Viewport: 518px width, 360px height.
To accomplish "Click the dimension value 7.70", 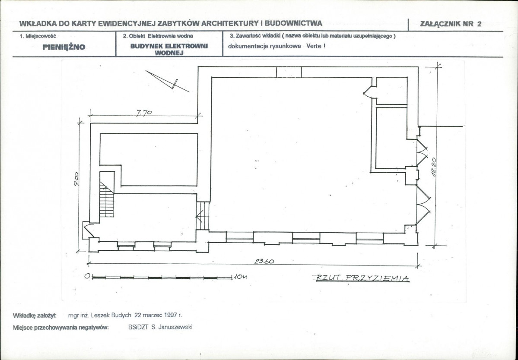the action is pyautogui.click(x=144, y=113).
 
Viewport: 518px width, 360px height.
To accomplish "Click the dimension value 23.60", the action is pyautogui.click(x=264, y=261).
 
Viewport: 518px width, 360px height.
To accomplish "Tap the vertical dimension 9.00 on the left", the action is pyautogui.click(x=76, y=179).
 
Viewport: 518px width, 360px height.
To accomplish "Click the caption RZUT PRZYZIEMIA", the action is pyautogui.click(x=362, y=278).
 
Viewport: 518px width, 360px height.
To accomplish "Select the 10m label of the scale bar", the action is pyautogui.click(x=240, y=277).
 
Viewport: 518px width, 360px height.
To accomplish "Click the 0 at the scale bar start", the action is pyautogui.click(x=87, y=276).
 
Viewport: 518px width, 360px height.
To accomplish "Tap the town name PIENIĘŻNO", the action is pyautogui.click(x=64, y=47).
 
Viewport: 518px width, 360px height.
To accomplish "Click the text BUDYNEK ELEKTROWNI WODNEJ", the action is pyautogui.click(x=169, y=50).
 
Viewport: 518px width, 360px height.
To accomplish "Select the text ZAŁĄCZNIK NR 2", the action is pyautogui.click(x=451, y=24).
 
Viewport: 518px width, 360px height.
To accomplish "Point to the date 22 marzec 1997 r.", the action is pyautogui.click(x=158, y=315).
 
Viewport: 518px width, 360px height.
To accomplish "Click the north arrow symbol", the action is pyautogui.click(x=167, y=81).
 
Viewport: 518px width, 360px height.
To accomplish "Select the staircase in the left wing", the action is pyautogui.click(x=107, y=199).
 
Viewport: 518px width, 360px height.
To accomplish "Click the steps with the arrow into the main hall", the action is pyautogui.click(x=203, y=216).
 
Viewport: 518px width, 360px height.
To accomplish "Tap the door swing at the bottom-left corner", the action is pyautogui.click(x=89, y=230).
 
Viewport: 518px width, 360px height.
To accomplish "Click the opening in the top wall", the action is pyautogui.click(x=289, y=72).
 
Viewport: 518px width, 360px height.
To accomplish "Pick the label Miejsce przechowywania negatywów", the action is pyautogui.click(x=61, y=328).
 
